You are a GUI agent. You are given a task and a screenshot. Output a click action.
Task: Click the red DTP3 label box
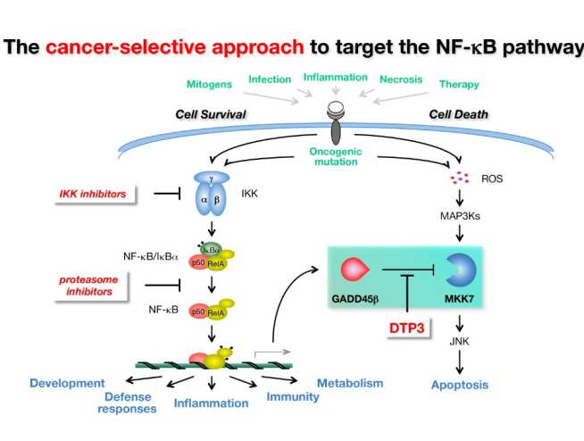[407, 328]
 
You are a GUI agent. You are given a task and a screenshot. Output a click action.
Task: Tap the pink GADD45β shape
[355, 268]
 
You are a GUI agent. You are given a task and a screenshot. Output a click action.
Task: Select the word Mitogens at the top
[210, 84]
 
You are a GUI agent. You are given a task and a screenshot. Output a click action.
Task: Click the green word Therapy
[458, 85]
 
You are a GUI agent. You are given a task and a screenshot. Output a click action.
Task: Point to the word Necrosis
[400, 79]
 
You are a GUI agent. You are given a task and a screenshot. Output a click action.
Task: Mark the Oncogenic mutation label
[336, 154]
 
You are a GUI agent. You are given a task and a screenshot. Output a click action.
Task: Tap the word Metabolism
[350, 383]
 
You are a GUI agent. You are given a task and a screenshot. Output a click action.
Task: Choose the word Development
[67, 383]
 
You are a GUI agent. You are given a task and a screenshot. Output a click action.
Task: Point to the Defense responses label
[128, 404]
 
